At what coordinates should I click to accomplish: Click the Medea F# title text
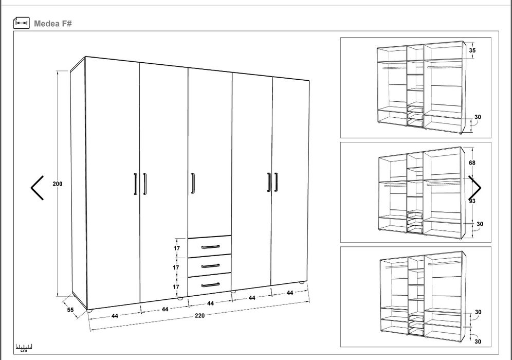(x=52, y=24)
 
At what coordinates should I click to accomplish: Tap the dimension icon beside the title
(x=22, y=23)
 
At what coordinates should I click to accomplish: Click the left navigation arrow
(x=37, y=188)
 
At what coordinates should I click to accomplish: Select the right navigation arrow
(x=475, y=188)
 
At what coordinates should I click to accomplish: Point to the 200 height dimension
(x=58, y=184)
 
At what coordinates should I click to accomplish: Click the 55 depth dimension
(x=70, y=310)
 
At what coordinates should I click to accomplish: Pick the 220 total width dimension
(x=200, y=315)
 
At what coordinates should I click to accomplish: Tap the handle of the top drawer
(x=210, y=247)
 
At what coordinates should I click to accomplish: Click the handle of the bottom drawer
(x=210, y=285)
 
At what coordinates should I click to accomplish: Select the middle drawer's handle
(x=210, y=266)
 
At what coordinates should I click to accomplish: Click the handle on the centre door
(x=193, y=183)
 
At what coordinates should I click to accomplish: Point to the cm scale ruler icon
(x=24, y=348)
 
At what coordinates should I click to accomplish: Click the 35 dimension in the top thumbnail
(x=472, y=50)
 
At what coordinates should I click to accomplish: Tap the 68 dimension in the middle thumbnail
(x=472, y=163)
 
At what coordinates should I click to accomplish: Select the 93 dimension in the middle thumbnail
(x=472, y=201)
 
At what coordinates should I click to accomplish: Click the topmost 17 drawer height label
(x=177, y=248)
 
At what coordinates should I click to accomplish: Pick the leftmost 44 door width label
(x=115, y=316)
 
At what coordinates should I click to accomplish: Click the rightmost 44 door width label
(x=289, y=293)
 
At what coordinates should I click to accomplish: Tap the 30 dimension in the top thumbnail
(x=478, y=117)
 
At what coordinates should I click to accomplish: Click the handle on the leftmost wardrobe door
(x=136, y=184)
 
